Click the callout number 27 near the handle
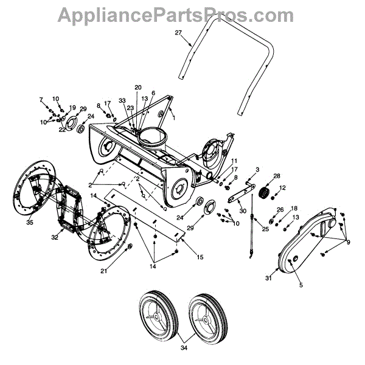coord(178,32)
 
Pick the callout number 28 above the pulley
coord(277,176)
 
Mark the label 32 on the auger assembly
coord(55,237)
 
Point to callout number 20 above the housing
coord(137,87)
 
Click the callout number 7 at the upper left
coord(41,99)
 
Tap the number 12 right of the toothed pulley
coord(282,188)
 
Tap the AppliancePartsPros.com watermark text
coord(182,13)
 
